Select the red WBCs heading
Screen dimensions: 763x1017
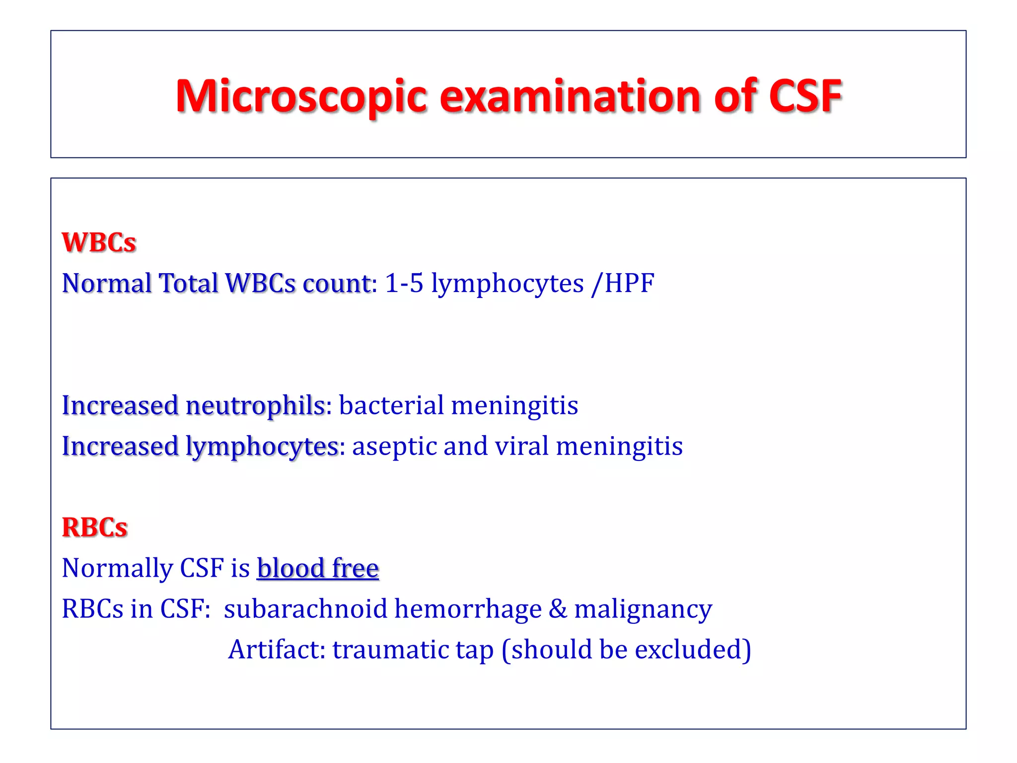(99, 242)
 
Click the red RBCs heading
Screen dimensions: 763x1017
(94, 527)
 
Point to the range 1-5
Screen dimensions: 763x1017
(404, 283)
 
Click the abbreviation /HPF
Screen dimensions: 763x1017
(623, 283)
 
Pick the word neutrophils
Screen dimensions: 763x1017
(255, 405)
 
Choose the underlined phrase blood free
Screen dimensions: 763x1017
(318, 568)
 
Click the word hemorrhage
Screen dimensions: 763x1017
(468, 609)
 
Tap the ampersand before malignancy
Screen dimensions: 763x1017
(558, 609)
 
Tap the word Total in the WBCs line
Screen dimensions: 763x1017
(188, 283)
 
